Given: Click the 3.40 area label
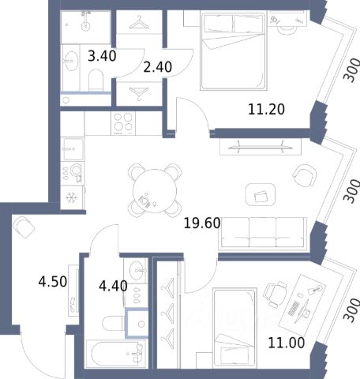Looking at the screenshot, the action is pos(102,56).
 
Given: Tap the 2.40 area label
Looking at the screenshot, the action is pos(158,67).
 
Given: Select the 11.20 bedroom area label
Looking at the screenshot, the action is pos(266,109).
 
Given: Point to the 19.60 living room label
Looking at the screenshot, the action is pos(202,223).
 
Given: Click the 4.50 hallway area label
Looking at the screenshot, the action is pos(53,281).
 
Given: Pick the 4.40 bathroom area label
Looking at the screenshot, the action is pos(113,286).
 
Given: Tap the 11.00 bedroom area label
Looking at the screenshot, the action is pos(287,343).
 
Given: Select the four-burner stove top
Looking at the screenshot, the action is pos(123,123).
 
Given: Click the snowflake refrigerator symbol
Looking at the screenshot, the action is pos(71,197).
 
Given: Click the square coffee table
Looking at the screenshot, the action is pos(261,195).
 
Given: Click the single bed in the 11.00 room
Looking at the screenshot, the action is pos(234,328).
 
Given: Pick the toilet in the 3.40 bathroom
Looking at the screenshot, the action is pos(96,80).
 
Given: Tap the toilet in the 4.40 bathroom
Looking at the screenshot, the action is pos(114,324).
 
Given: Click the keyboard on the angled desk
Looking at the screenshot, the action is pos(294,309).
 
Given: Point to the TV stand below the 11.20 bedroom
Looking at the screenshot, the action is pos(261,147).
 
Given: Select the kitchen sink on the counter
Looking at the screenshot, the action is pos(73,149).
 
